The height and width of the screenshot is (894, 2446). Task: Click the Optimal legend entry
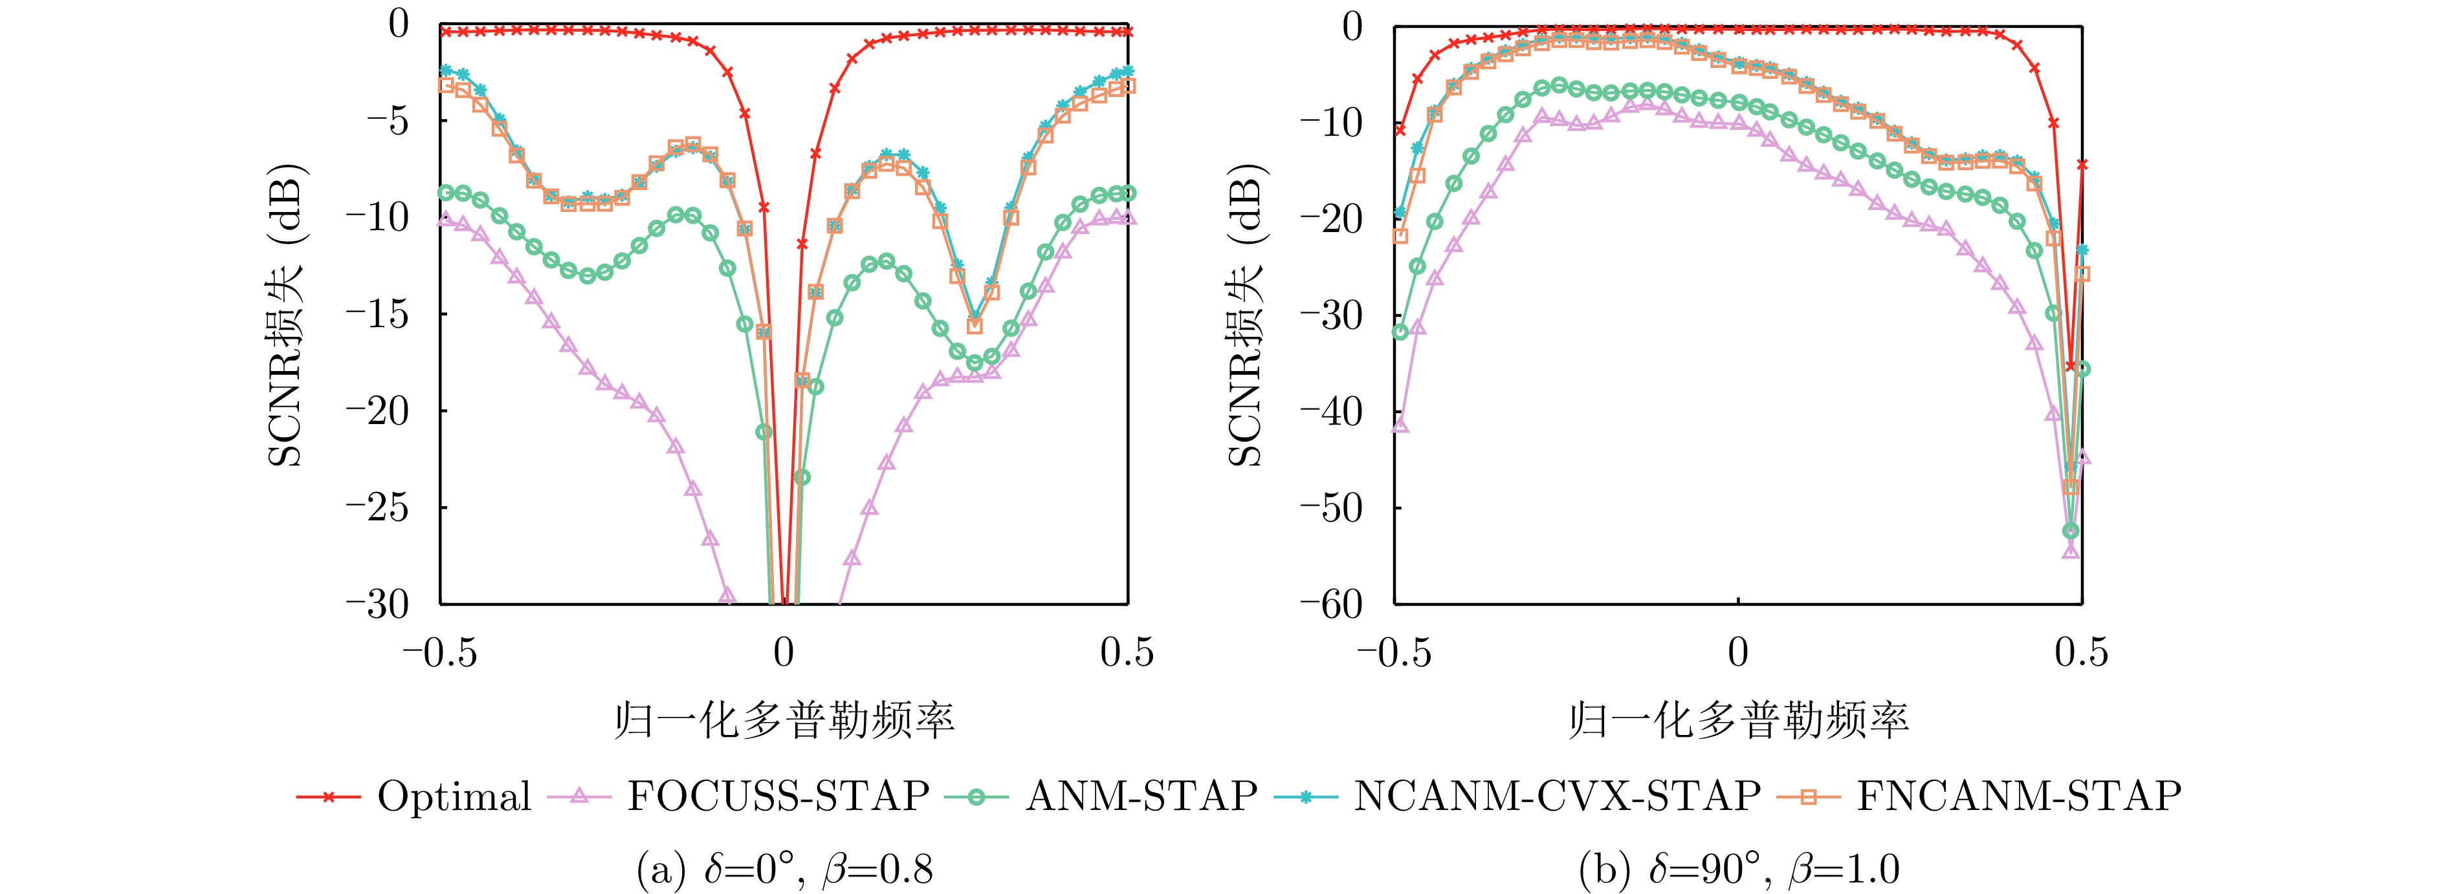(x=454, y=796)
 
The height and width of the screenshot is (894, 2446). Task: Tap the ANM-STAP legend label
(x=1141, y=796)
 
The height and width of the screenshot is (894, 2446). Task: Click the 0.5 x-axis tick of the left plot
(x=1127, y=653)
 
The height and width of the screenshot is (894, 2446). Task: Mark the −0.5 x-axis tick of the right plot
(x=1394, y=653)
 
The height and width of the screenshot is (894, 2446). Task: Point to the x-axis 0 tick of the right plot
(x=1737, y=653)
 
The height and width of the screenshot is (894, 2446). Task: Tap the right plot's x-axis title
(x=1737, y=722)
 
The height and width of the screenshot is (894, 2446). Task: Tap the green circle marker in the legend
(x=976, y=796)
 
